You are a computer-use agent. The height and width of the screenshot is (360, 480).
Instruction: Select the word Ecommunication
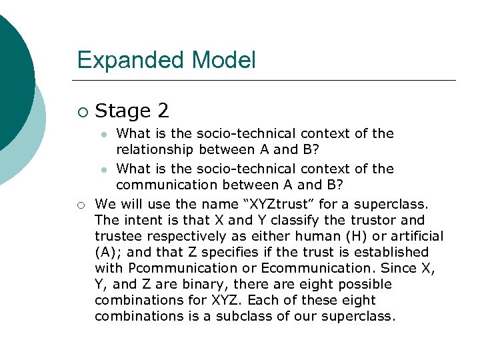(331, 268)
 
